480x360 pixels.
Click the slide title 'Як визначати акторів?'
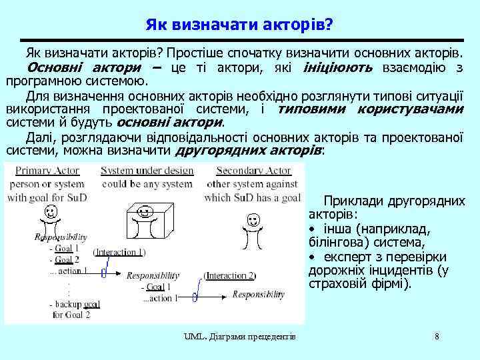click(x=239, y=25)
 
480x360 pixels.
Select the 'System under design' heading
click(x=147, y=171)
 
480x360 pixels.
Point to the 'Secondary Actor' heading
click(x=253, y=171)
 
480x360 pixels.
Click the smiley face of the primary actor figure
click(x=49, y=213)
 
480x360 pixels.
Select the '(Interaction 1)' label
click(x=119, y=252)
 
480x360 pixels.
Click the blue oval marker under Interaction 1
click(x=104, y=272)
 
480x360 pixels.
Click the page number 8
click(x=437, y=336)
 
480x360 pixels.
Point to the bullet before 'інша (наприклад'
click(x=311, y=229)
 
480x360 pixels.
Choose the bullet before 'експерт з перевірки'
click(x=311, y=257)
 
